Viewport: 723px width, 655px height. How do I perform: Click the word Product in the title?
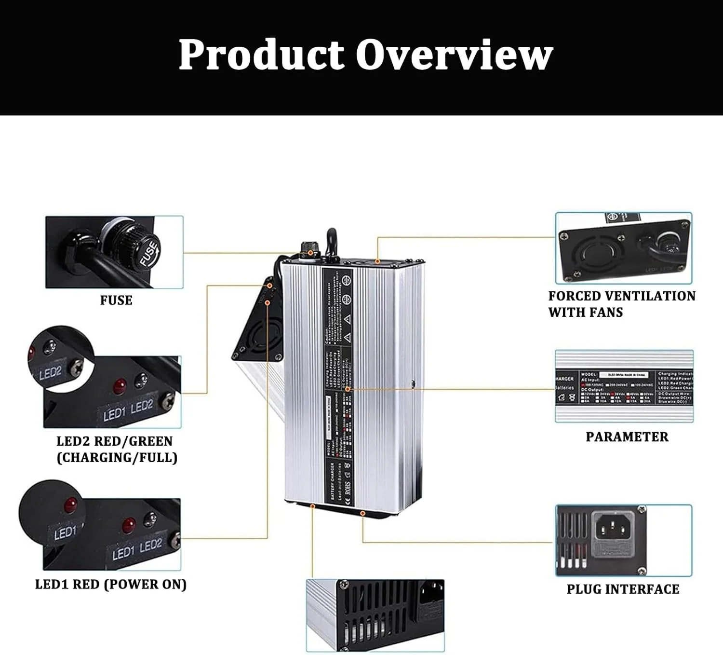click(261, 55)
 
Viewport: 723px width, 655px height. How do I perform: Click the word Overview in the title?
click(454, 55)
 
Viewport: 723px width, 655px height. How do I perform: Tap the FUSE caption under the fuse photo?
click(116, 300)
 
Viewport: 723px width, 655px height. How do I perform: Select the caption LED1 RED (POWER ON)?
click(111, 584)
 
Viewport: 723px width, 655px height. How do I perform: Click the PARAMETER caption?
click(627, 437)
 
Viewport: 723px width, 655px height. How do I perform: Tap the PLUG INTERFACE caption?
click(623, 589)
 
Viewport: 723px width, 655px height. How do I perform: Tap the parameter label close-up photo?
click(624, 386)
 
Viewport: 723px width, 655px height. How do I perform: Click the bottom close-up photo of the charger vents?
click(375, 615)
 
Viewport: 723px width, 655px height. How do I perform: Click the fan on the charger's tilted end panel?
click(260, 333)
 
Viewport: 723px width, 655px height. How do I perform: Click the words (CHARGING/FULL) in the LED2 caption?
click(117, 457)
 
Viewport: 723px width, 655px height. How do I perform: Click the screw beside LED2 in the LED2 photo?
click(169, 400)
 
